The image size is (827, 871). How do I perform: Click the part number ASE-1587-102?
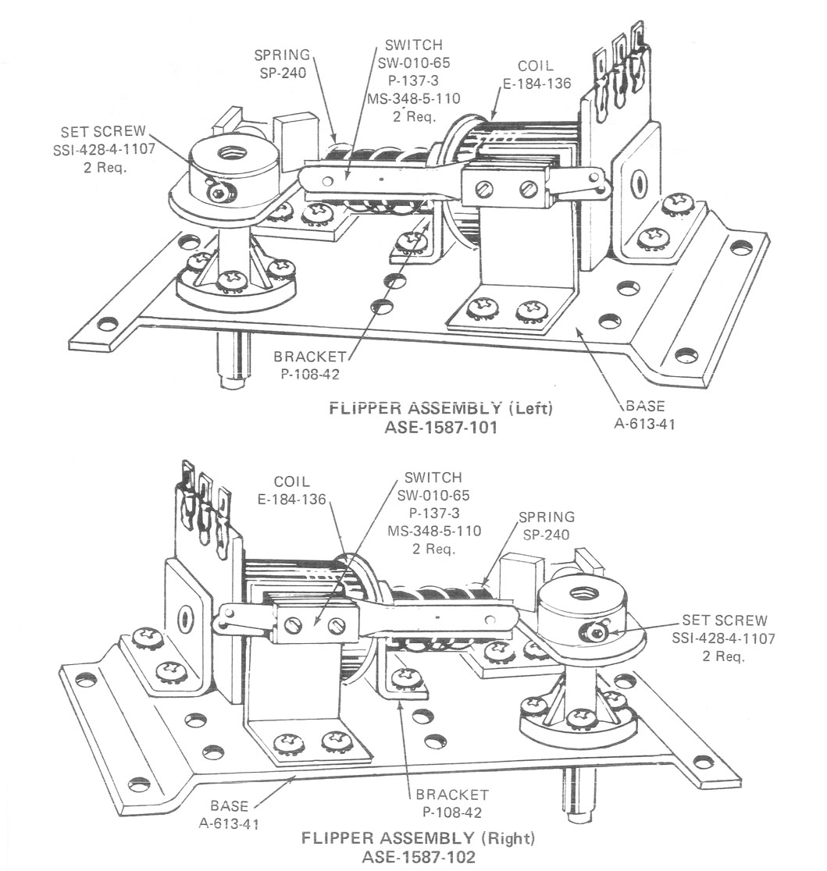(419, 856)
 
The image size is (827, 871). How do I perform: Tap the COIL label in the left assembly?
(536, 66)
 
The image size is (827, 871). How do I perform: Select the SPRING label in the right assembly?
(546, 517)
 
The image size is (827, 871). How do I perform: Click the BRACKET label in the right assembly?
(452, 795)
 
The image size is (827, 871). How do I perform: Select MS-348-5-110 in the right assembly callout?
(433, 531)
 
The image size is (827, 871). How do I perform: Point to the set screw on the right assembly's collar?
(599, 631)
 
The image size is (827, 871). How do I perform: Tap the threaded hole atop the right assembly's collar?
(579, 592)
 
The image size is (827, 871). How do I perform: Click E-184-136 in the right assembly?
(293, 499)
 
